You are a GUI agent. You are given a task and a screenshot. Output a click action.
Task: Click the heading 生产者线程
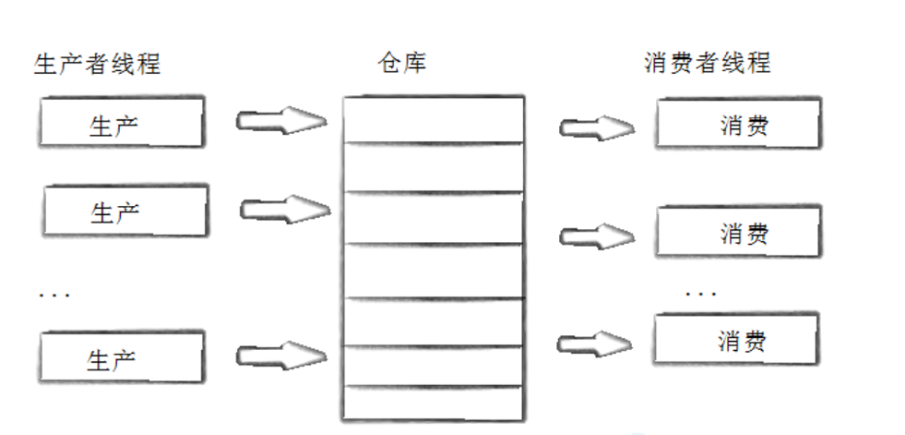[x=97, y=64]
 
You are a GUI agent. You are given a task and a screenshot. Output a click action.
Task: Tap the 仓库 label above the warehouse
[x=403, y=64]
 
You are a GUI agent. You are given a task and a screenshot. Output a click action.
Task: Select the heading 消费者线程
[x=707, y=64]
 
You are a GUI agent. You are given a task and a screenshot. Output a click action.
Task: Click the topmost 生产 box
[x=122, y=124]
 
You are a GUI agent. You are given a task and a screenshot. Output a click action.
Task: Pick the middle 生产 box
[x=125, y=211]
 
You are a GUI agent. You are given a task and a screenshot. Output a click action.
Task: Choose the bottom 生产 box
[x=122, y=356]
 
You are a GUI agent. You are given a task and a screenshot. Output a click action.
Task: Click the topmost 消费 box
[x=737, y=125]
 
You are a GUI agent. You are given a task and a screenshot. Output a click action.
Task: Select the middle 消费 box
[x=737, y=232]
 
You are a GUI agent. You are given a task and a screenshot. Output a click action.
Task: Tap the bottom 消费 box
[x=735, y=340]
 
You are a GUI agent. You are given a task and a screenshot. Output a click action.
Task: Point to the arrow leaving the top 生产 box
[x=280, y=121]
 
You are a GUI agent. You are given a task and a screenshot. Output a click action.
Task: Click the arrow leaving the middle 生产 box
[x=284, y=210]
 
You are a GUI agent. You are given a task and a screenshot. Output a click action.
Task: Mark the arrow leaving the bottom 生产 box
[x=280, y=355]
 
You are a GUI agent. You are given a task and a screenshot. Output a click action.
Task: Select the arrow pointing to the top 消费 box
[x=596, y=127]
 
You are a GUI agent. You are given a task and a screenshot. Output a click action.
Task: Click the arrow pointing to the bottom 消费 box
[x=594, y=344]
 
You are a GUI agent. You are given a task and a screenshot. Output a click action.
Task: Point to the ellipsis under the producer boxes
[x=54, y=295]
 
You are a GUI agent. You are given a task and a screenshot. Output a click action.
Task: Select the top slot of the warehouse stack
[x=433, y=119]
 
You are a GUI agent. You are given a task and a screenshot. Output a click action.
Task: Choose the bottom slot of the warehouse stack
[x=433, y=402]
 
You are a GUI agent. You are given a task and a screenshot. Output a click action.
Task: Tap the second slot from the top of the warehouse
[x=433, y=167]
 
